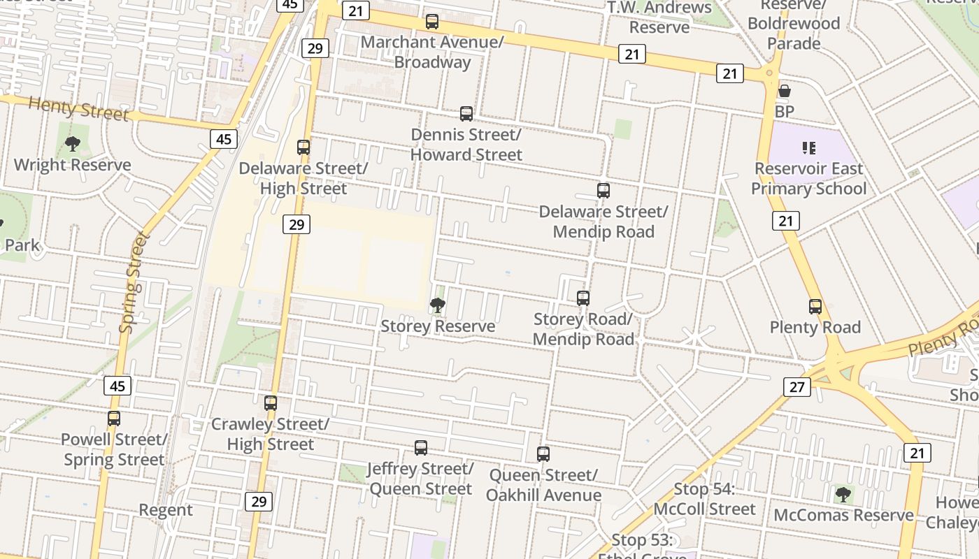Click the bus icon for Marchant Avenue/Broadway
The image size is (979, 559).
click(432, 22)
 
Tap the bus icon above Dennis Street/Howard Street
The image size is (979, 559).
click(466, 114)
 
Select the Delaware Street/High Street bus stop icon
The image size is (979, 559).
click(303, 147)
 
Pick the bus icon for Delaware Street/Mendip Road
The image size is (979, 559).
click(603, 191)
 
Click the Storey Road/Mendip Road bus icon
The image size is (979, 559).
click(583, 298)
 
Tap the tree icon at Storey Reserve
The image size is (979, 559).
click(438, 305)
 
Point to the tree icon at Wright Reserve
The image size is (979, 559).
click(72, 145)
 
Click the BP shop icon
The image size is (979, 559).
click(785, 92)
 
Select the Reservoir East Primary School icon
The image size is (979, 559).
click(809, 148)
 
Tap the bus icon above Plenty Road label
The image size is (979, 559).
click(815, 307)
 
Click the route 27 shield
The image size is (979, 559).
click(797, 386)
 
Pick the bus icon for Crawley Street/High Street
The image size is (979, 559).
click(271, 403)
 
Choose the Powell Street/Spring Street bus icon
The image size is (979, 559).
click(114, 419)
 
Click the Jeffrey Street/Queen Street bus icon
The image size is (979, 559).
click(421, 448)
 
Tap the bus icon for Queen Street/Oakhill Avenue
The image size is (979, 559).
click(543, 454)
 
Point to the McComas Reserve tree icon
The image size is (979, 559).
click(843, 495)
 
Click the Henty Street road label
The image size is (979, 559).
click(78, 109)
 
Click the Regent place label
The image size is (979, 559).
click(166, 510)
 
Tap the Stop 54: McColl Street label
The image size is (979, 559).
click(705, 499)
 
